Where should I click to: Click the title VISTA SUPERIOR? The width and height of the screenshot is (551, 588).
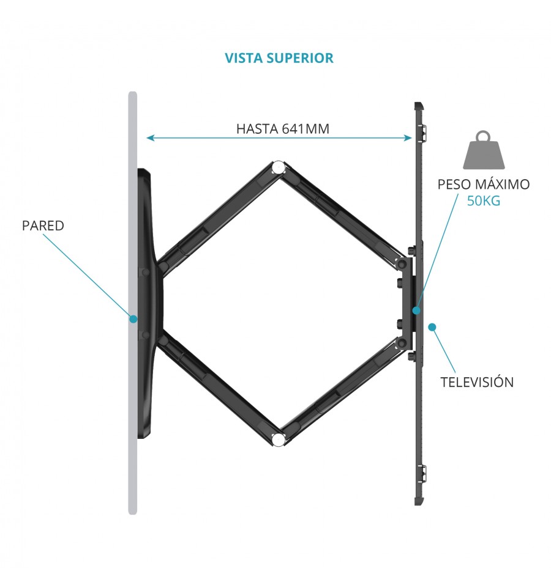pos(279,58)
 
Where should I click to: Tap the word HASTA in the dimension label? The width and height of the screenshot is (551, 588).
pos(257,128)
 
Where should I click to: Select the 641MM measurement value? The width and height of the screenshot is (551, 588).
pos(305,128)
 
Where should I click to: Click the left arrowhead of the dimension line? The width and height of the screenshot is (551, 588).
pos(150,138)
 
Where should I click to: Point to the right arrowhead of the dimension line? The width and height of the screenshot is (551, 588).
pos(408,138)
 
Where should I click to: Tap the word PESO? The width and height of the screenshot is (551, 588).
pos(454,184)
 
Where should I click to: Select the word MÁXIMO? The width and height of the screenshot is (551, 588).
pos(502,184)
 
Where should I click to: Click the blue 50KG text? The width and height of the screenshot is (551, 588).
pos(484,201)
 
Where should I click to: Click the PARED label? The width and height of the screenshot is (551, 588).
pos(43,226)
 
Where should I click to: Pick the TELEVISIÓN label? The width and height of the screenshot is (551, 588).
pos(477,382)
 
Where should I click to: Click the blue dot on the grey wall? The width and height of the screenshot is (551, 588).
pos(133,319)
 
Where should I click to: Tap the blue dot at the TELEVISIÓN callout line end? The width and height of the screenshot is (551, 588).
pos(432,327)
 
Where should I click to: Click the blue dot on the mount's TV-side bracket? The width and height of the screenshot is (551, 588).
pos(416,311)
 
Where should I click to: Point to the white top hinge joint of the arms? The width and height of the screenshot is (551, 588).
pos(278,167)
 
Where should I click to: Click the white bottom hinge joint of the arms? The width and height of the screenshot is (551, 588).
pos(278,439)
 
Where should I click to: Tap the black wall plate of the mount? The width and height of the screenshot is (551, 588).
pos(148,304)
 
